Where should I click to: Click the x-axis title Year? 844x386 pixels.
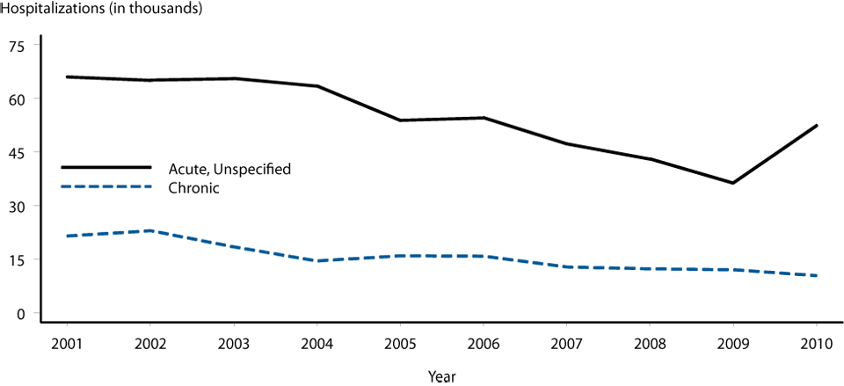441,375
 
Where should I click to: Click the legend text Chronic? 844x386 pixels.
195,187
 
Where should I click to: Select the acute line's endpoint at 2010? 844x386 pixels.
817,126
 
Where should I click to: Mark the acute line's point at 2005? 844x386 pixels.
399,120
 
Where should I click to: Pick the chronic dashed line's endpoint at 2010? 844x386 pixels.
817,276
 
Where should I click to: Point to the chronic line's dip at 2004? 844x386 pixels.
316,261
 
